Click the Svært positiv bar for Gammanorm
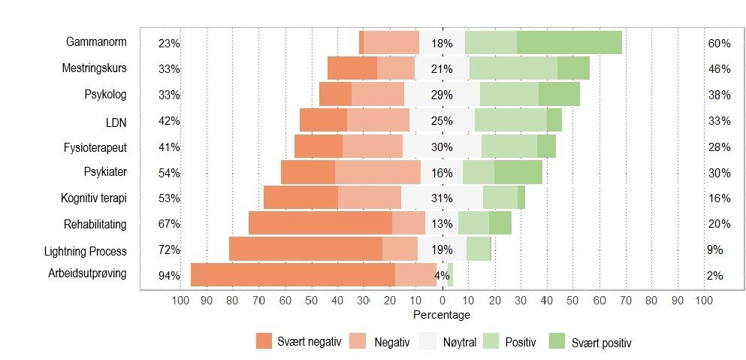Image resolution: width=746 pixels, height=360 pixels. coord(569,43)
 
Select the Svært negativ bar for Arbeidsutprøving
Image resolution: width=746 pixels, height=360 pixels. coord(292,275)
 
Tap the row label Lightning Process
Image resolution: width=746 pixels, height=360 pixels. coord(86,251)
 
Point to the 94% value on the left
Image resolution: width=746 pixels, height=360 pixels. coord(169,276)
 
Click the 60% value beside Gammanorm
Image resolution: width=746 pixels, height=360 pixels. coord(719,44)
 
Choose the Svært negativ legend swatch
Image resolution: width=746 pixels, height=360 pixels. coord(264,341)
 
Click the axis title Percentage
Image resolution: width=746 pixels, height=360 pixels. coord(442,314)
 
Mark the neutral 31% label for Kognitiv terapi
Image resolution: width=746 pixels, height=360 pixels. coord(442,198)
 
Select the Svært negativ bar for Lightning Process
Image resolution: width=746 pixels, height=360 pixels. coord(305,249)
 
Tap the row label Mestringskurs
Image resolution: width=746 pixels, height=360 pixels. coord(94,68)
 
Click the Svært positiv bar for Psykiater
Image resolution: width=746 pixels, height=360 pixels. coord(518,172)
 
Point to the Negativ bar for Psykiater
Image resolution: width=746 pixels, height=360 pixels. coord(377,172)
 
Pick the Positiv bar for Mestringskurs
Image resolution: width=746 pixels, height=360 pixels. coord(512,68)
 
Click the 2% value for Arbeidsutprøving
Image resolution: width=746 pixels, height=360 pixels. coord(714,276)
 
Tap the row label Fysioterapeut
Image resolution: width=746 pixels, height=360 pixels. coord(95,147)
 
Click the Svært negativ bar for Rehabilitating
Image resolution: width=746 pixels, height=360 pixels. coord(320,223)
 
